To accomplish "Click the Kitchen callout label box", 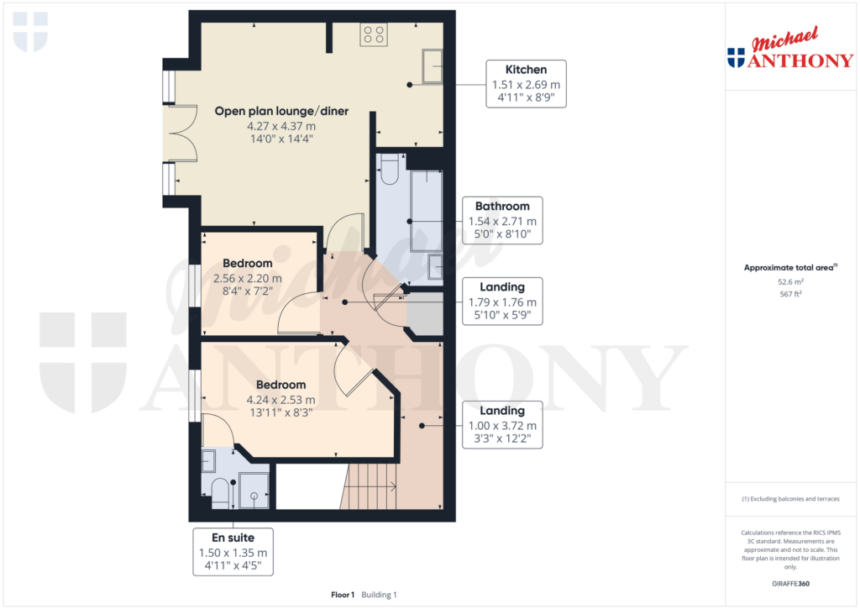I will coord(527,84).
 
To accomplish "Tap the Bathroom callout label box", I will coord(502,220).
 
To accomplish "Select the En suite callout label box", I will coord(233,551).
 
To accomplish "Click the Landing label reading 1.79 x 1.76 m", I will coord(502,302).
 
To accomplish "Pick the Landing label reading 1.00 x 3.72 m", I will coord(502,425).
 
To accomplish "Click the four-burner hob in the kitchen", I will coord(374,34).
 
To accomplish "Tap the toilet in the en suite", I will coord(219,492).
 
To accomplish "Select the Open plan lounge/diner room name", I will coord(281,111).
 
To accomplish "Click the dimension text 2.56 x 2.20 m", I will coord(248,278).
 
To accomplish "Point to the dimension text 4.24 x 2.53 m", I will coord(281,400).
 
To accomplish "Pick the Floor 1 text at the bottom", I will coord(343,595).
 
